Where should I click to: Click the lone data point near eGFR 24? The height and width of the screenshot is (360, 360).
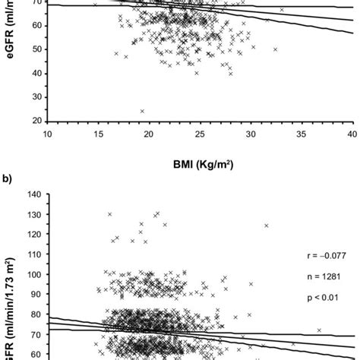pos(142,111)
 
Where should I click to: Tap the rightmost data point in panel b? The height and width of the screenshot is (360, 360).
pos(320,330)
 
